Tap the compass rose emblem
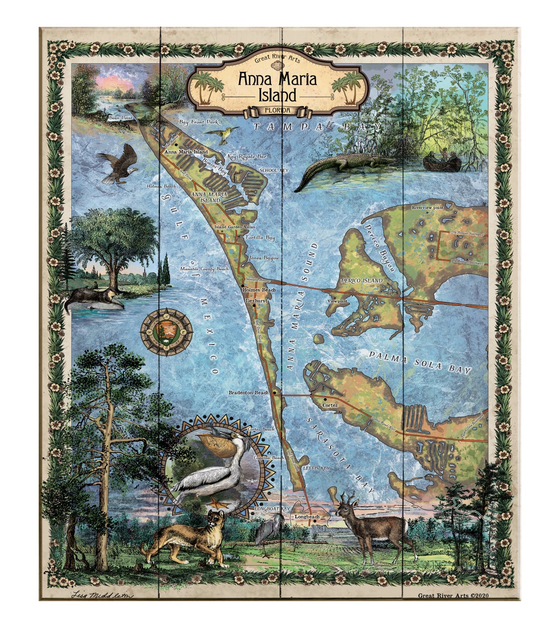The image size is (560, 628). [166, 332]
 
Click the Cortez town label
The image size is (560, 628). [330, 405]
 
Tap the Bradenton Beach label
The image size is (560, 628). [249, 392]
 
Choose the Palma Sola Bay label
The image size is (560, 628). [420, 364]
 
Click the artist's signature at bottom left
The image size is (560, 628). [95, 595]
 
